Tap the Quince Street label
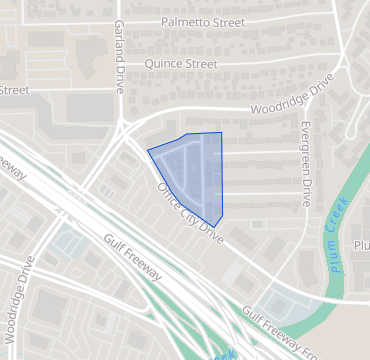[181, 64]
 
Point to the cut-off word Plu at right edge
[361, 245]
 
